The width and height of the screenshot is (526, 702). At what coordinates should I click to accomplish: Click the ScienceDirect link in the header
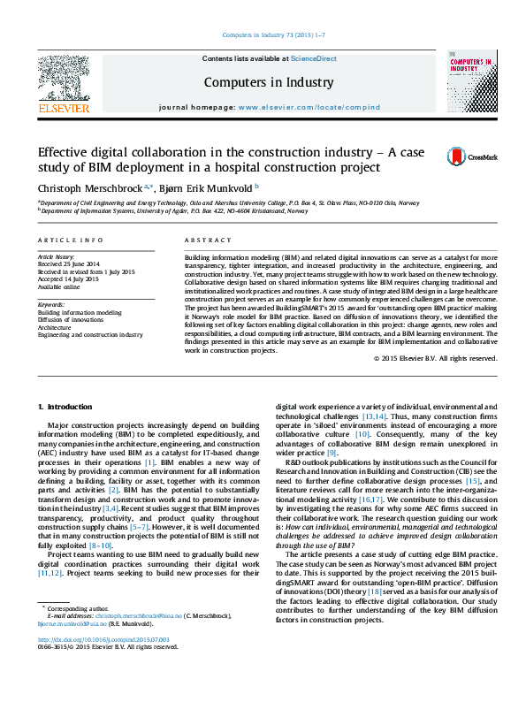[314, 58]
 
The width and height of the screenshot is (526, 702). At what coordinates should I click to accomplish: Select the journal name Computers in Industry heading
[270, 83]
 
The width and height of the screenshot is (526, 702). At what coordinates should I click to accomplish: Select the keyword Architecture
[57, 327]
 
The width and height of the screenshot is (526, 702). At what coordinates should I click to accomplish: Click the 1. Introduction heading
[65, 406]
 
